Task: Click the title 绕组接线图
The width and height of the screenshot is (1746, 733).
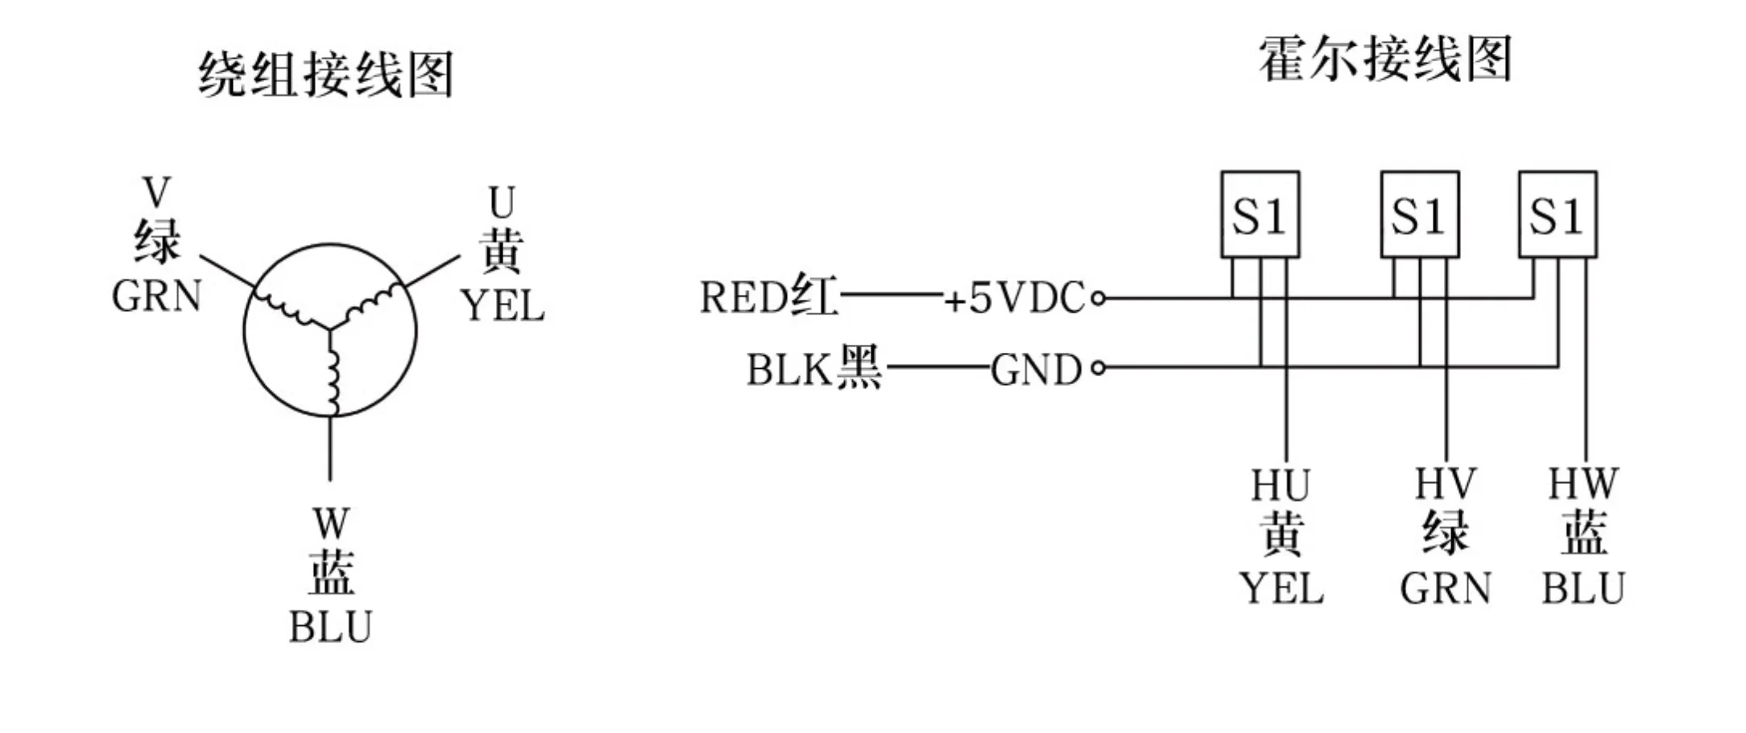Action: coord(326,75)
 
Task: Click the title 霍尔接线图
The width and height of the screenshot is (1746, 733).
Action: coord(1384,59)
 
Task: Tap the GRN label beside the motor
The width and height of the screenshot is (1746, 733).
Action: coord(156,296)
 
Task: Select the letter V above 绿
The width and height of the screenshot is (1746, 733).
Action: coord(156,193)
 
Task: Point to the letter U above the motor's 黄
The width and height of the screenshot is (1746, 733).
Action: coord(502,203)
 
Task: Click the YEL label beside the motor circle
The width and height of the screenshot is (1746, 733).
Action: coord(503,307)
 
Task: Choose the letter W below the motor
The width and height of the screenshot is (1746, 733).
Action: coord(330,524)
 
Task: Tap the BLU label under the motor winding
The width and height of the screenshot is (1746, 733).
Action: coord(330,627)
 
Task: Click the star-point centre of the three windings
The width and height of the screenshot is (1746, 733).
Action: coord(330,328)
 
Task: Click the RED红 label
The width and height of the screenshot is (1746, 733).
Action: coord(768,297)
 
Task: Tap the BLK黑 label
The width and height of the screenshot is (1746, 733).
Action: coord(813,370)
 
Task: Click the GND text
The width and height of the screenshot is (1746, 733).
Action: coord(1036,371)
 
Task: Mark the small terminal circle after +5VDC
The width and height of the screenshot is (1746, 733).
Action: coord(1098,299)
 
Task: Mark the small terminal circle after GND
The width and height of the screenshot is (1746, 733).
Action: coord(1098,369)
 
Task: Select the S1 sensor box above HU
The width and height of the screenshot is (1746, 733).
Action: coord(1260,214)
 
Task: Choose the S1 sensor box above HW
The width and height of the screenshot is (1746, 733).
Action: coord(1558,214)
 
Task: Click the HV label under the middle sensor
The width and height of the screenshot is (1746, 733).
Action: coord(1446,485)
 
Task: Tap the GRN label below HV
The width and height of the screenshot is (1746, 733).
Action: coord(1446,589)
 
